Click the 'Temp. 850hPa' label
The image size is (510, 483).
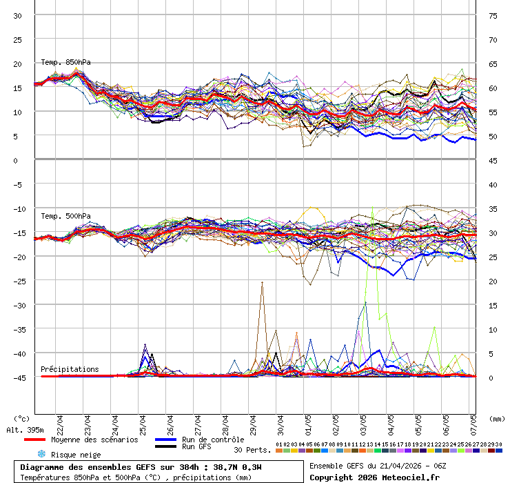tap(65, 62)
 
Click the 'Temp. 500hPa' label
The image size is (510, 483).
tap(65, 217)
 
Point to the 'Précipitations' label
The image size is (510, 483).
tap(70, 369)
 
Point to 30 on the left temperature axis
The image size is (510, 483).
tap(18, 16)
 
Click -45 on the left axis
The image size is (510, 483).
tap(17, 377)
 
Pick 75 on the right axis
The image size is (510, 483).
tap(493, 16)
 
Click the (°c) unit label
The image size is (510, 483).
tap(21, 418)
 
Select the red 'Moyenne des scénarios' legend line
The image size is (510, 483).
tap(34, 440)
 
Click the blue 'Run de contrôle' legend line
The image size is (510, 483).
tap(165, 440)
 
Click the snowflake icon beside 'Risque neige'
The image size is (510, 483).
tap(41, 454)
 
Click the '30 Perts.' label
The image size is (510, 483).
tap(252, 450)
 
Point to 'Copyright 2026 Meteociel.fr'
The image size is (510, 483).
tap(375, 477)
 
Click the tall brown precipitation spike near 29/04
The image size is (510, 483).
tap(262, 284)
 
